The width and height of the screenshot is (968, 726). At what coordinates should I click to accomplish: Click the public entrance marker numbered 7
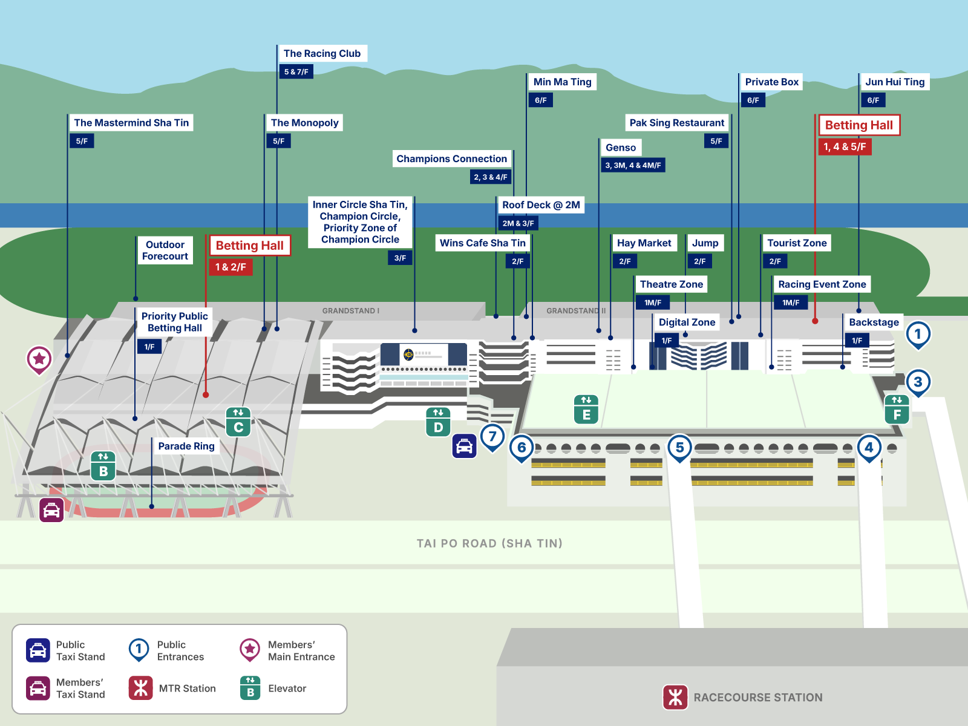492,436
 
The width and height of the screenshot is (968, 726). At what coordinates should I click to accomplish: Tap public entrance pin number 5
679,448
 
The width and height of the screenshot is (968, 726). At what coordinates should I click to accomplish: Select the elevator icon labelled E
586,409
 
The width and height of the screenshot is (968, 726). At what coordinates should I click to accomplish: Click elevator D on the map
438,422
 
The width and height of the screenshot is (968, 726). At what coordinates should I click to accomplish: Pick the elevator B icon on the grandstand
103,466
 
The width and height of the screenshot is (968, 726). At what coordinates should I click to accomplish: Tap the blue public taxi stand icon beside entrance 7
464,446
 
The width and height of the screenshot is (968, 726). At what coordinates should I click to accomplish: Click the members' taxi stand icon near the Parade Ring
52,510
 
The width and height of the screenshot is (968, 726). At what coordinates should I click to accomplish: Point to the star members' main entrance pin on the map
39,359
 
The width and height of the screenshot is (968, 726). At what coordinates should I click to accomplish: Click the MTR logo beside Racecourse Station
675,697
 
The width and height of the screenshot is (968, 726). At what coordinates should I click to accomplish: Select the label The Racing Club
322,54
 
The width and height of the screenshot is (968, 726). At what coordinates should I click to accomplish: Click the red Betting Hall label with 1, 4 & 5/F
858,125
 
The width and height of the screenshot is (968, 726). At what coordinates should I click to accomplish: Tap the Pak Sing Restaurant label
676,123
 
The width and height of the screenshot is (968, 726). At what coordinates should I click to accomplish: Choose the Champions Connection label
451,159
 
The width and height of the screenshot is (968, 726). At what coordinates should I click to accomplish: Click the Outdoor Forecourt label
165,250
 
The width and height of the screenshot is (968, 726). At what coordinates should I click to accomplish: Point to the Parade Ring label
186,446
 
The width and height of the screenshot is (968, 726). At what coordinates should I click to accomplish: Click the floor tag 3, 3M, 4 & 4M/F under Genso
633,165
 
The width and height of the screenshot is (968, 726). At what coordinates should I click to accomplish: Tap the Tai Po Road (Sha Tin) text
489,543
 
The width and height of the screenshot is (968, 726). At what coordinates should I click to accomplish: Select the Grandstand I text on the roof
351,311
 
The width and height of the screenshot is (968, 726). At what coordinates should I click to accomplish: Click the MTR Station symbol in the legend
141,688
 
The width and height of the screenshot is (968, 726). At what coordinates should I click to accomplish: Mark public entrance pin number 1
918,334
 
